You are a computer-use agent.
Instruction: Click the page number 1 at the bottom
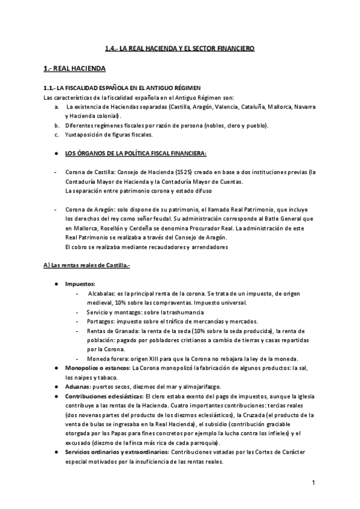(313, 483)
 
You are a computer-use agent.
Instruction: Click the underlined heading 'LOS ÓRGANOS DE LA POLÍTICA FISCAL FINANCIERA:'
(136, 154)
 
